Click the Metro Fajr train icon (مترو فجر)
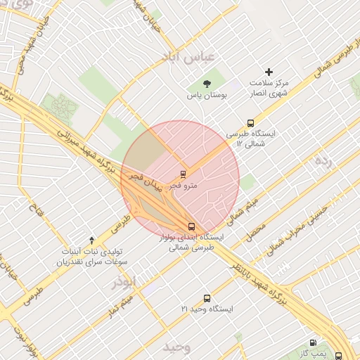pos(183,174)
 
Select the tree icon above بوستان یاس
pos(206,84)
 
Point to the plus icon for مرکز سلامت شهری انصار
pos(268,72)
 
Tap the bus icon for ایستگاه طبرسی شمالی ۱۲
pos(251,123)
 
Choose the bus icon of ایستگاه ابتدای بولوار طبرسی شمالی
pos(192,226)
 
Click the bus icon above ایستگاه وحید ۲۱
pos(207,298)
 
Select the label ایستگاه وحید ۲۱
pos(207,309)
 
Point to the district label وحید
pos(176,348)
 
